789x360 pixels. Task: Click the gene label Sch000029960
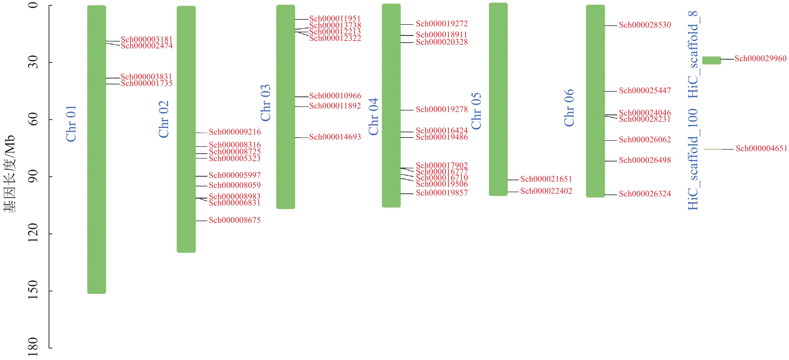tap(760, 59)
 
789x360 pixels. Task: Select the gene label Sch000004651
tap(761, 149)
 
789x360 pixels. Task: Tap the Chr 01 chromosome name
tap(71, 124)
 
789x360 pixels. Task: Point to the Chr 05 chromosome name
tap(476, 111)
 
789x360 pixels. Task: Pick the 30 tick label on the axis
tap(33, 62)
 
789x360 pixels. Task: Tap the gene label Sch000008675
tap(235, 220)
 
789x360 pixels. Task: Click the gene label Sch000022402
tap(546, 191)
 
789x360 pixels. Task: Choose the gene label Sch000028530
tap(645, 25)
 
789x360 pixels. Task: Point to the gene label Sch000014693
tap(335, 137)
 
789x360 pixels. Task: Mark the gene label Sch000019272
tap(442, 24)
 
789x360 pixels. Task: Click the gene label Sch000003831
tap(147, 77)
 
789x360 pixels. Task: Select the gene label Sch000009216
tap(235, 132)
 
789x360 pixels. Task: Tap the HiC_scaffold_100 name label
tap(693, 159)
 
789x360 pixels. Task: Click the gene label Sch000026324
tap(645, 194)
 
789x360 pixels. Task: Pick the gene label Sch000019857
tap(442, 193)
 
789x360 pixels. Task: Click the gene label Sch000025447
tap(645, 91)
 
